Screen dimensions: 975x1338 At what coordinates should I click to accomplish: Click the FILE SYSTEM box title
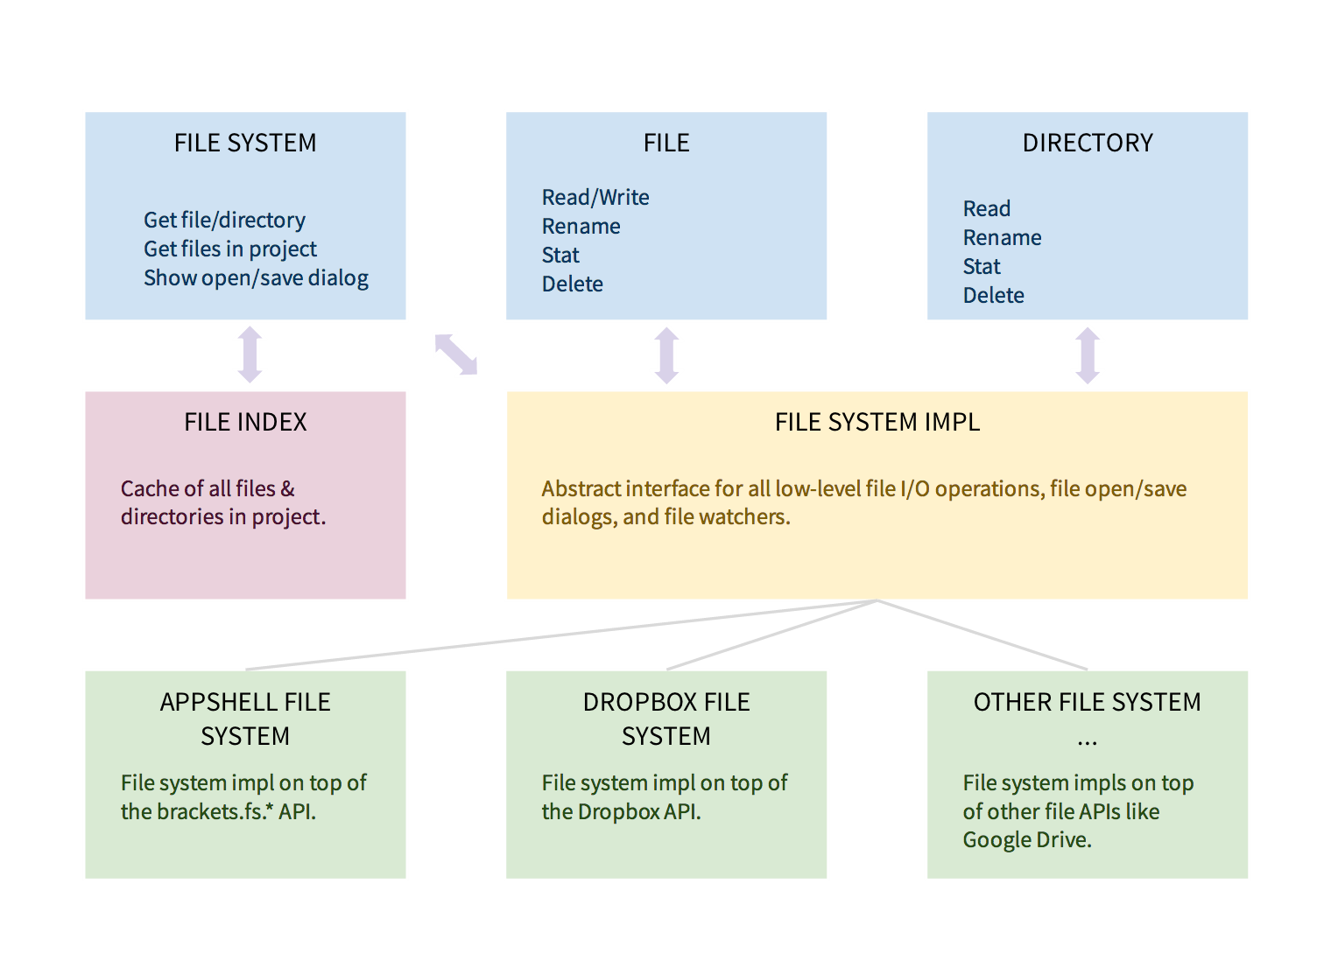point(245,143)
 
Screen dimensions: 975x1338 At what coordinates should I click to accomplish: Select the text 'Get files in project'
point(229,249)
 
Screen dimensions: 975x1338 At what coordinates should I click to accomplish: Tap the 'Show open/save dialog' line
point(256,278)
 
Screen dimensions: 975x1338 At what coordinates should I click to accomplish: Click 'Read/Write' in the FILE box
point(595,198)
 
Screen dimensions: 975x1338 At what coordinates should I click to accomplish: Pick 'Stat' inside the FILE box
point(560,256)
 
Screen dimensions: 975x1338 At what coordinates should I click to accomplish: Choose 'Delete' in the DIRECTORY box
point(993,296)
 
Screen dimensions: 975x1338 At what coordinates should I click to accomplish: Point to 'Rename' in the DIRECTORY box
point(1002,238)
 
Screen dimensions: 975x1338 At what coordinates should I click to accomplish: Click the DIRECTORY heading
point(1088,143)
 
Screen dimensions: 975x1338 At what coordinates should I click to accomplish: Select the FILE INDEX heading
point(245,422)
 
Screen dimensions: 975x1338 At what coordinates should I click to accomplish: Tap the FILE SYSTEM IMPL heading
point(877,422)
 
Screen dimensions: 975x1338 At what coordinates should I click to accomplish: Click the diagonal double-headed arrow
point(456,354)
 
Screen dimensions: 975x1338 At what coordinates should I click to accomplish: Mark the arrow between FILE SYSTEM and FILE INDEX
point(250,354)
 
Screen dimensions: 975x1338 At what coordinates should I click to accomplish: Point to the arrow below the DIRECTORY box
point(1088,355)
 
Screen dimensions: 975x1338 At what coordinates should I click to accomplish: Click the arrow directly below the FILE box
point(666,355)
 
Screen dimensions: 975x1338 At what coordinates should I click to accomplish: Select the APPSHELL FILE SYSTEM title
point(245,719)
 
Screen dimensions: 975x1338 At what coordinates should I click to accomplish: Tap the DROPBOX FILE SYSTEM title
point(666,719)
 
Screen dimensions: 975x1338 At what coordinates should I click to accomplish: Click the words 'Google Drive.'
point(1027,840)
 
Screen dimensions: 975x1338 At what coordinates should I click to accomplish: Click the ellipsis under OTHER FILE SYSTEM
point(1088,742)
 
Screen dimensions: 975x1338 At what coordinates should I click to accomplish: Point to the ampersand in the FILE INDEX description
point(288,488)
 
